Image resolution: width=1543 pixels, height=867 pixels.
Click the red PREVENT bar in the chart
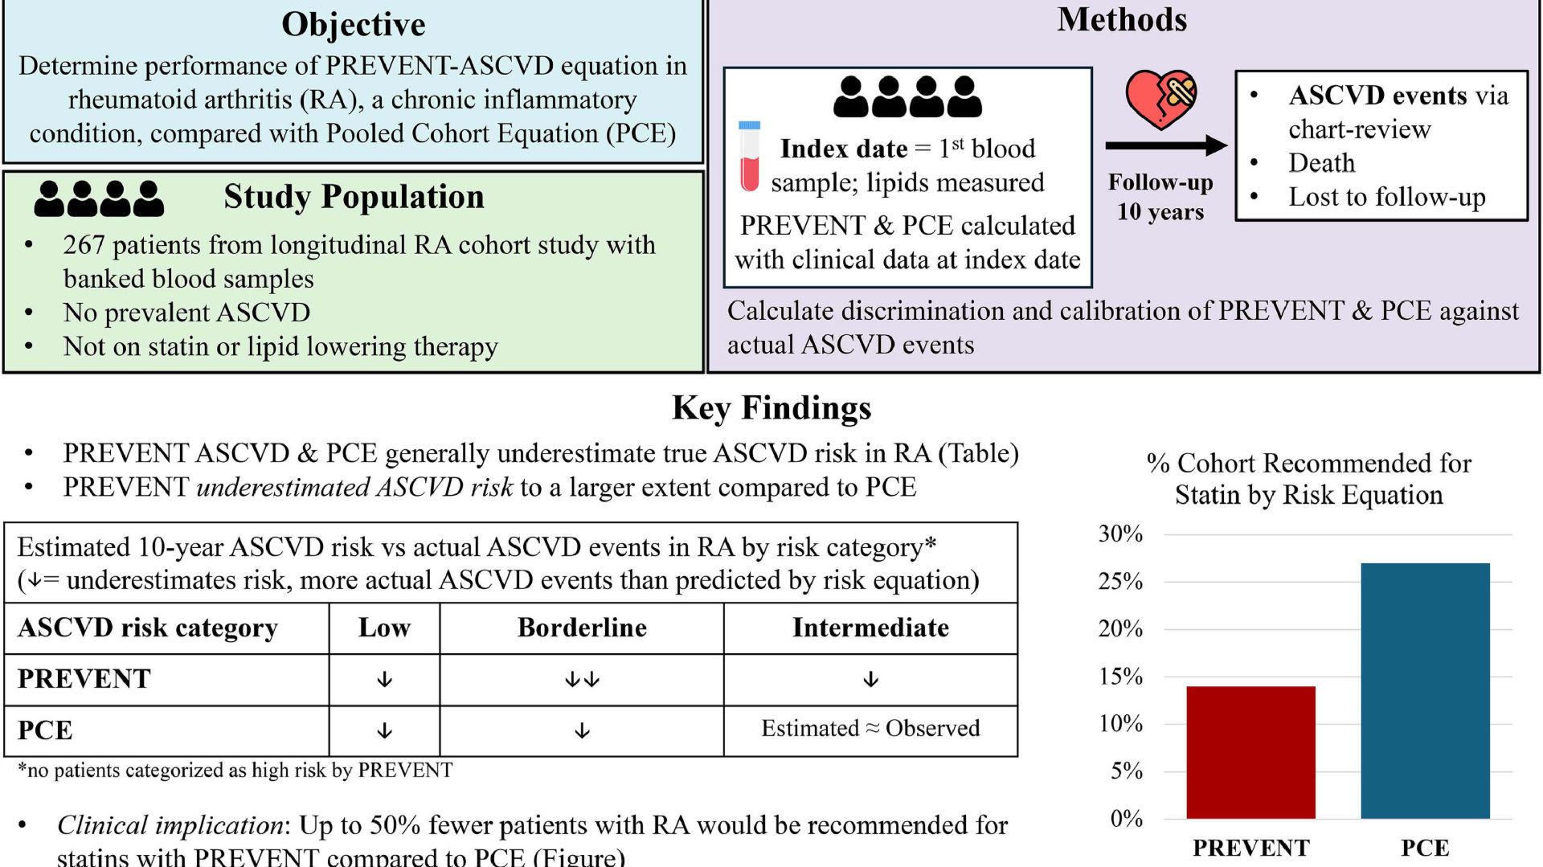(1250, 752)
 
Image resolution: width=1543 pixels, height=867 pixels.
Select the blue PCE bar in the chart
(1425, 691)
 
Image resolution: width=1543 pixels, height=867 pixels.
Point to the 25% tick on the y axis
(1120, 581)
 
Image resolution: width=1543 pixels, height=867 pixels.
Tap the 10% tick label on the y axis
(1120, 723)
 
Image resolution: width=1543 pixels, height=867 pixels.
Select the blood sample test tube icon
(749, 157)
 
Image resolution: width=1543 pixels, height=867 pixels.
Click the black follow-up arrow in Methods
(1165, 145)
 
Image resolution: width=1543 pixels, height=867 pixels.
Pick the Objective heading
(353, 24)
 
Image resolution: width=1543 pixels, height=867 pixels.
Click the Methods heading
(1122, 19)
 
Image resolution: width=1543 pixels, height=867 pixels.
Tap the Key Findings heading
(771, 407)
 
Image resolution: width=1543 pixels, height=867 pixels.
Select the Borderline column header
(582, 628)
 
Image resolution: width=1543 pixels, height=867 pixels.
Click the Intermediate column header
(870, 628)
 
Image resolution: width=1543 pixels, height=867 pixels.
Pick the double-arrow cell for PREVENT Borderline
(582, 680)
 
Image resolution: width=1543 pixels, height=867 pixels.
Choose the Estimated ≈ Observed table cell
(870, 728)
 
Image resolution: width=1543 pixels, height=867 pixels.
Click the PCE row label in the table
(46, 730)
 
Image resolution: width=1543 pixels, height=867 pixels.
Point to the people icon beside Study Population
(99, 198)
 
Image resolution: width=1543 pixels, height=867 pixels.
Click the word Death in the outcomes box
(1321, 163)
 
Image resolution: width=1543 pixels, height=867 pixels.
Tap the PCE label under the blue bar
(1425, 848)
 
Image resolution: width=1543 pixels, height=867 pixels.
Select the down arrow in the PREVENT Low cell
(384, 680)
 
